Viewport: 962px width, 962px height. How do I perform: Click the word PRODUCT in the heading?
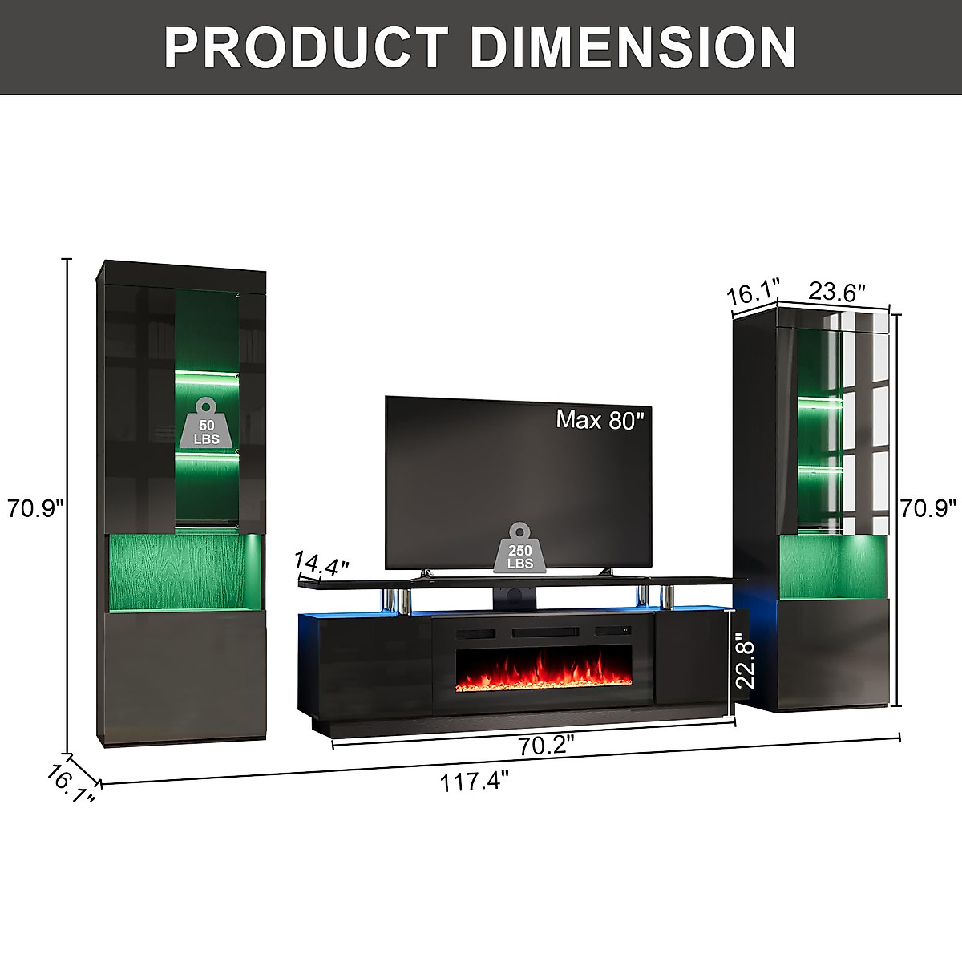[306, 47]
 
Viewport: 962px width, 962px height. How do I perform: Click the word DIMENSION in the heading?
[633, 47]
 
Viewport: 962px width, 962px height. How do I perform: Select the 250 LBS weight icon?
[520, 548]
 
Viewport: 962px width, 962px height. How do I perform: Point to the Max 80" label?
[596, 420]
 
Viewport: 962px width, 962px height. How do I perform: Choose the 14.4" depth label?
[320, 563]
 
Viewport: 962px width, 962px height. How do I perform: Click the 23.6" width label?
[837, 291]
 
